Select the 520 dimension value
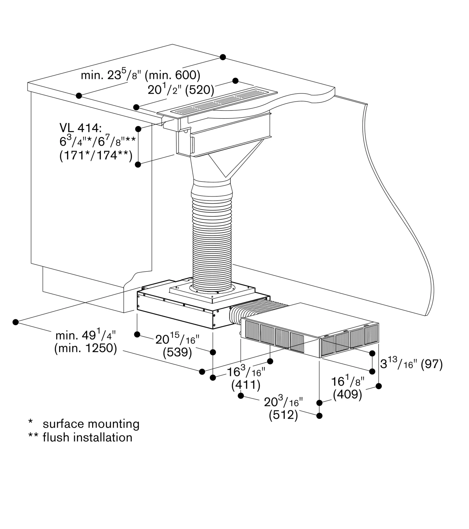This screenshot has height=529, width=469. point(200,90)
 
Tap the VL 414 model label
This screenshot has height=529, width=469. point(80,128)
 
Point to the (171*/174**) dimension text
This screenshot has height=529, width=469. point(96,156)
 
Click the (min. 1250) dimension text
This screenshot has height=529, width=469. point(86,348)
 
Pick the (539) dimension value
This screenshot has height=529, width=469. point(177,352)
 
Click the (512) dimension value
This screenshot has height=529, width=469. point(283,415)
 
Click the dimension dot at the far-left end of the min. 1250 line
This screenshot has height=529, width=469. point(16,322)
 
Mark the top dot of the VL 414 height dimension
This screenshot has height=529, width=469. point(138,129)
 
